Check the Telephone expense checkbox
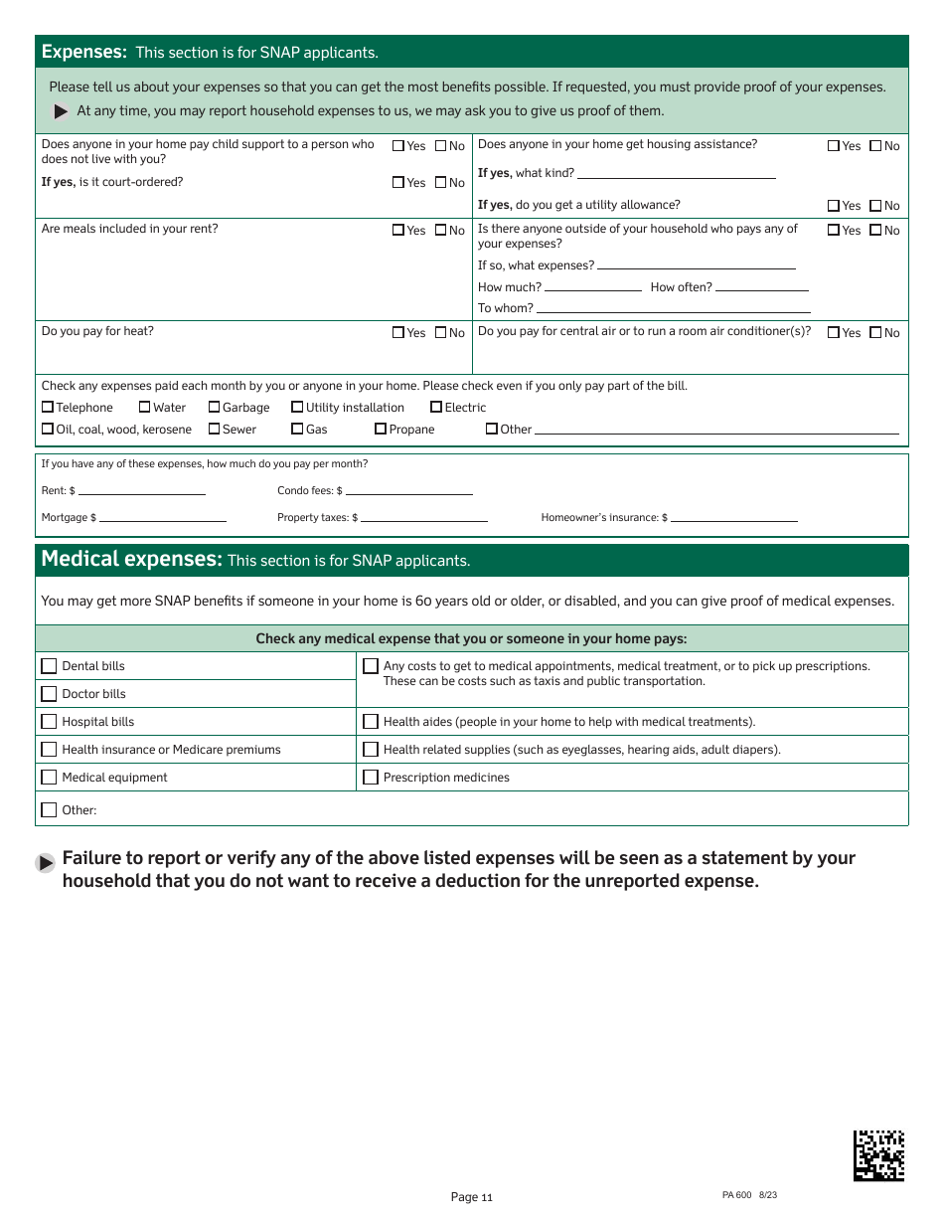click(x=48, y=407)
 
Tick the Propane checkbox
click(x=381, y=429)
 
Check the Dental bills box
click(x=49, y=666)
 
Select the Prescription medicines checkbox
click(x=371, y=778)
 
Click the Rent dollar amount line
click(x=141, y=490)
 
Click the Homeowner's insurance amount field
click(x=733, y=517)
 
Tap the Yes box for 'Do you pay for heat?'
click(x=398, y=332)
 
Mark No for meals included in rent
click(x=441, y=230)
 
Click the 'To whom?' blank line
click(x=673, y=308)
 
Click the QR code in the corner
click(x=878, y=1155)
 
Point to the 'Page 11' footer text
click(x=471, y=1197)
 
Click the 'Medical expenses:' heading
click(x=131, y=559)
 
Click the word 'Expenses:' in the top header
click(x=83, y=52)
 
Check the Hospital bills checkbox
click(x=49, y=722)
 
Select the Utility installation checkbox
click(x=297, y=407)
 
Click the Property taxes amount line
click(x=423, y=517)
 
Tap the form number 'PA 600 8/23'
click(x=749, y=1195)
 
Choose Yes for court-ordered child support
click(x=398, y=182)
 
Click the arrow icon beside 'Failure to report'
click(x=46, y=863)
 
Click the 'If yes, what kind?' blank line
click(x=676, y=174)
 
